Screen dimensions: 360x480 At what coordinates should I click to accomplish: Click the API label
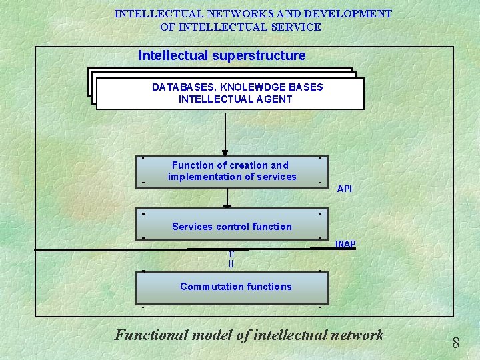(x=345, y=189)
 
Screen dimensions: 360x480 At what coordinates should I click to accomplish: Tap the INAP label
(x=345, y=244)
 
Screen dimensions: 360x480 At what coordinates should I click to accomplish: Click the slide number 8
(x=456, y=343)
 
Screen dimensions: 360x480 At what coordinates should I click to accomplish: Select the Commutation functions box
(x=232, y=288)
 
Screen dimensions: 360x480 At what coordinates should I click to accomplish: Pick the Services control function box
(x=232, y=226)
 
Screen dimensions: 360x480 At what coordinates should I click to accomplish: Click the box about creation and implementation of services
(x=232, y=171)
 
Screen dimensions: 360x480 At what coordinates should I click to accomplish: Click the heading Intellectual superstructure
(x=222, y=56)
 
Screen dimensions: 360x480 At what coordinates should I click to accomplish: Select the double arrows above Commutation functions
(x=231, y=259)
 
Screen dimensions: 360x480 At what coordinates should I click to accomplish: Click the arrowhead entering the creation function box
(x=226, y=152)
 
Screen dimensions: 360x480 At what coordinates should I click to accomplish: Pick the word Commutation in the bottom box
(x=209, y=287)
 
